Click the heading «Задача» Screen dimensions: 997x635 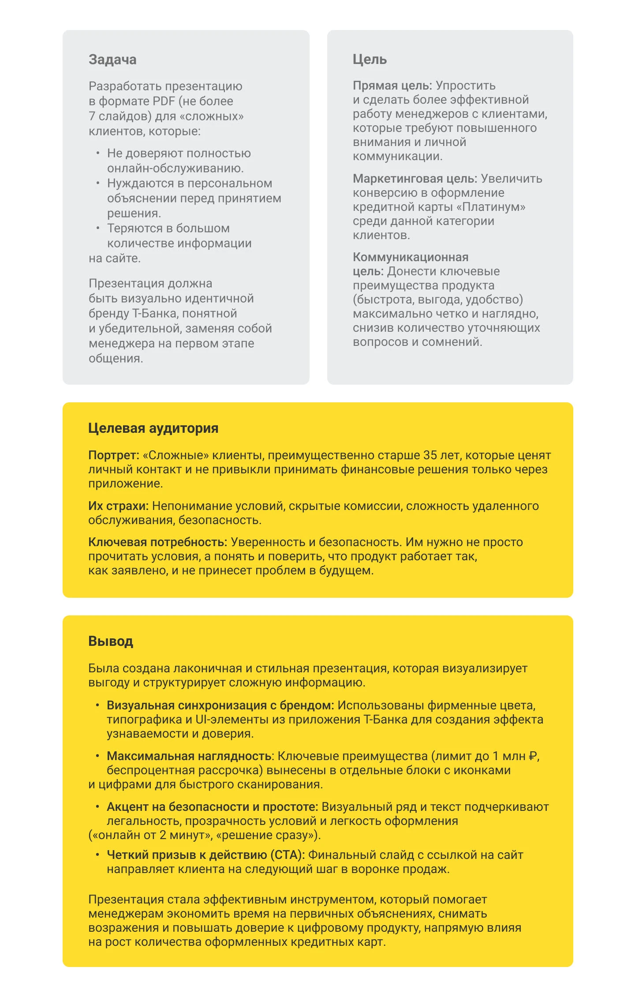point(112,60)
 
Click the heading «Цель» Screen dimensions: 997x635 point(370,60)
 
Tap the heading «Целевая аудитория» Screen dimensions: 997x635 point(153,428)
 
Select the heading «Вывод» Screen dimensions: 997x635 point(111,641)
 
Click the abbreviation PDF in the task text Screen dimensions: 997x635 point(164,101)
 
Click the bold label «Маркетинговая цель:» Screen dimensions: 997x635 point(415,179)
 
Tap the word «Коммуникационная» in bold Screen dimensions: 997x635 point(411,257)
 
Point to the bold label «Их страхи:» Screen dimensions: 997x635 point(118,506)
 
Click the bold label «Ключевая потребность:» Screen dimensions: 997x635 point(157,542)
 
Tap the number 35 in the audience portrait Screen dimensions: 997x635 point(430,455)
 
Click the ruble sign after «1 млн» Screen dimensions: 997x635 point(533,756)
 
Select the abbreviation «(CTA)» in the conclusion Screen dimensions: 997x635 point(288,855)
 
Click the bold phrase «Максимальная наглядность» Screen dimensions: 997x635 point(189,756)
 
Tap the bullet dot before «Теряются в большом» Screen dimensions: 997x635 point(98,228)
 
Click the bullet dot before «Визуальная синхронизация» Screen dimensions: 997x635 point(97,705)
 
